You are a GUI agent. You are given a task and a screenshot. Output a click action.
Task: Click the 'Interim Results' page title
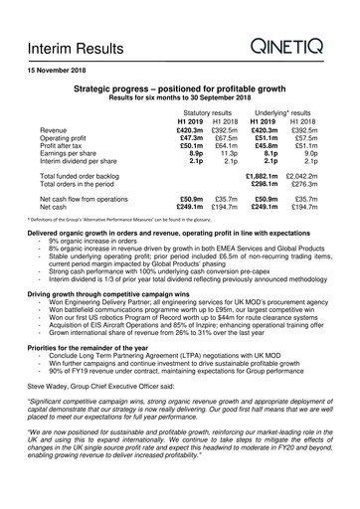click(72, 48)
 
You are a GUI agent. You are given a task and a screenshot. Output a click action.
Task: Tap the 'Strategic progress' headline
click(179, 89)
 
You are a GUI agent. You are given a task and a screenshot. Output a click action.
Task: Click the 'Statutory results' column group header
click(207, 111)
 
